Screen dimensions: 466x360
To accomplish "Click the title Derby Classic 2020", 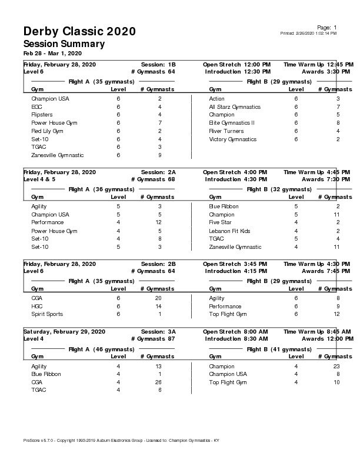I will pos(79,31).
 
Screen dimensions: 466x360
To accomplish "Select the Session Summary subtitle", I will pos(64,44).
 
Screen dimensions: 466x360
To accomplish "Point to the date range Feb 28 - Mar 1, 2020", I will pos(52,54).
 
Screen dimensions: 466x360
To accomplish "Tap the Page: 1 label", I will pos(326,28).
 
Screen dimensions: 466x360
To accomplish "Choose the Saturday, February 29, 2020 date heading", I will pos(64,332).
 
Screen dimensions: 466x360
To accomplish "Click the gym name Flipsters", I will pos(42,115).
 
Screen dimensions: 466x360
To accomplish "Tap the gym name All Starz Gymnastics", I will pos(235,107).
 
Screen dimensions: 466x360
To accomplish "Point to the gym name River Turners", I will pos(226,131).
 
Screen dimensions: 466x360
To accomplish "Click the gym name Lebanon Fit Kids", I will pos(229,231).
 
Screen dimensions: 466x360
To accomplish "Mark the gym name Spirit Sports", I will pos(47,314).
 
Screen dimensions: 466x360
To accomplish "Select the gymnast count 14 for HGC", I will pos(159,307).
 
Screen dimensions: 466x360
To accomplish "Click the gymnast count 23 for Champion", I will pos(336,366).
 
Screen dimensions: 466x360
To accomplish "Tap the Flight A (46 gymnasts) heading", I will pos(101,349).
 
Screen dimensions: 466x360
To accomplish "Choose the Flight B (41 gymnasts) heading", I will pos(279,349).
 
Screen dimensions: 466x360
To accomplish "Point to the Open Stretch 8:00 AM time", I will pos(235,332).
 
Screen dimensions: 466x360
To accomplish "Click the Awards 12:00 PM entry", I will pos(326,339).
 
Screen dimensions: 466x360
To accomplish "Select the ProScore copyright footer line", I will pos(121,440).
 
